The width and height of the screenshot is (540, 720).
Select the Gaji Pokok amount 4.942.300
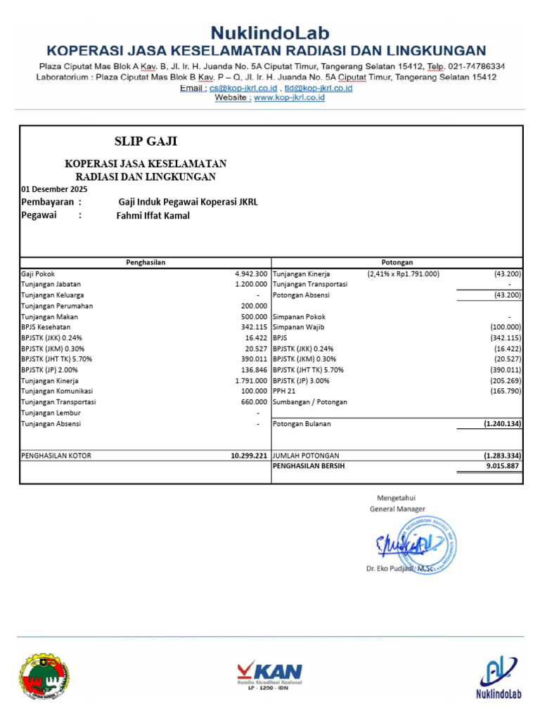click(x=251, y=274)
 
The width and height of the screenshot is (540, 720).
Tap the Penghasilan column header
click(x=146, y=262)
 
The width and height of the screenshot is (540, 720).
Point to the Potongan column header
click(x=397, y=262)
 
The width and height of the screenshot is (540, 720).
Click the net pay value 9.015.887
click(x=502, y=466)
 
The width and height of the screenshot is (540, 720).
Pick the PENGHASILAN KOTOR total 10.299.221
click(x=249, y=456)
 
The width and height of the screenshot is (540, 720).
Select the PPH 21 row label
click(x=285, y=392)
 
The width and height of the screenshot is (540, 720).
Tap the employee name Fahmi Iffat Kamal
click(x=153, y=216)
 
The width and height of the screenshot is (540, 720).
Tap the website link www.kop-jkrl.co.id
click(x=289, y=98)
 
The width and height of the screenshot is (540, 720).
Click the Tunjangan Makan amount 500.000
click(x=254, y=317)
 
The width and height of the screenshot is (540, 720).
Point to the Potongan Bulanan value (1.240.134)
click(x=502, y=424)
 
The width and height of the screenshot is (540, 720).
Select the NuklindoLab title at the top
click(x=270, y=32)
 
